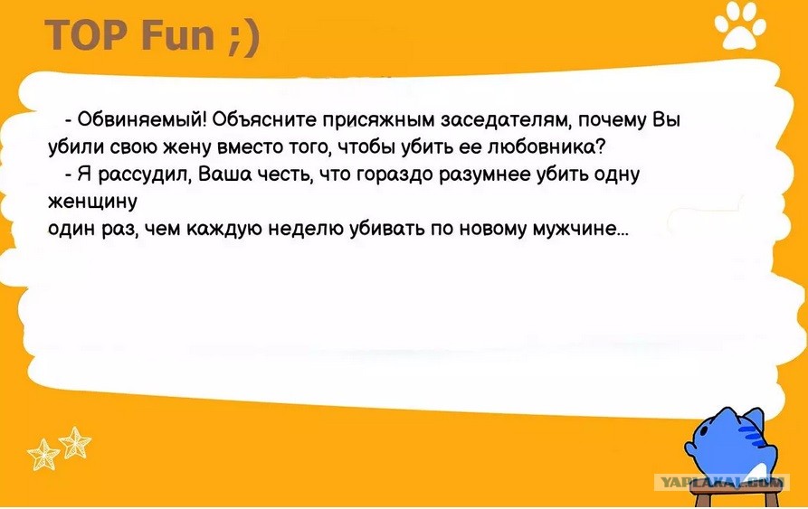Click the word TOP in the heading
tap(86, 35)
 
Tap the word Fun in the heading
tap(176, 35)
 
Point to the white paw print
tap(740, 26)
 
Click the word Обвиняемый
tap(142, 120)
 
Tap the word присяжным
tap(379, 121)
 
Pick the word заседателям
tap(507, 120)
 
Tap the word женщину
tap(93, 202)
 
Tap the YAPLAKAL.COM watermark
tap(721, 482)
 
